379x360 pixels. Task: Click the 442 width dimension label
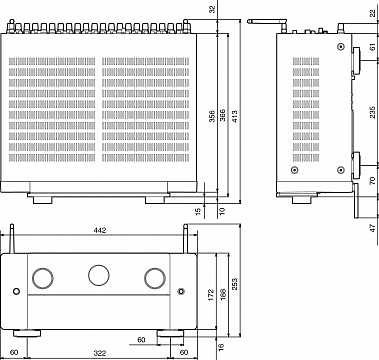[x=100, y=230]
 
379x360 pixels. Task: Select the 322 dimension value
[x=100, y=353]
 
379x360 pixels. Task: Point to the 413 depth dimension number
[x=235, y=116]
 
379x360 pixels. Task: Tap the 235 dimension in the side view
[x=372, y=112]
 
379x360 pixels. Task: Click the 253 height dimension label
[x=235, y=284]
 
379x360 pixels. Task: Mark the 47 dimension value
[x=373, y=228]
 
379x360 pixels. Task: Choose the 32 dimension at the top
[x=212, y=9]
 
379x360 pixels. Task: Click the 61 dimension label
[x=373, y=47]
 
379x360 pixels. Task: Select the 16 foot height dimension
[x=220, y=347]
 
